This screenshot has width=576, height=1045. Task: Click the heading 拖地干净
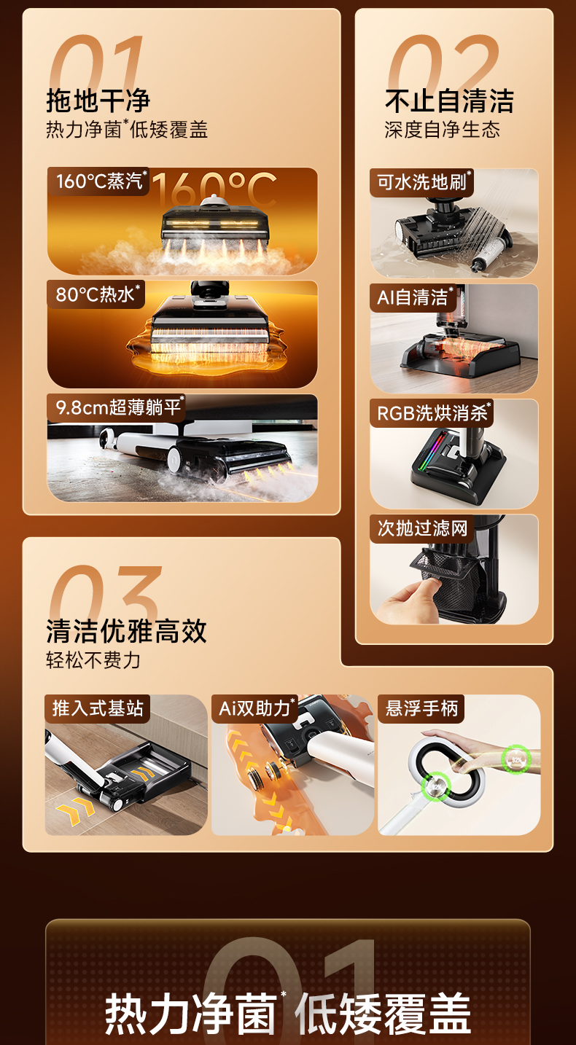[x=98, y=101]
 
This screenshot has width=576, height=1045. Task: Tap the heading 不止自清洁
[x=449, y=101]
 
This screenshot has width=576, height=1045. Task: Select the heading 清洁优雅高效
[x=126, y=631]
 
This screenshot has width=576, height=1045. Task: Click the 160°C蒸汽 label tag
[x=98, y=181]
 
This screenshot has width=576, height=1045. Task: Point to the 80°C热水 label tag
[x=96, y=294]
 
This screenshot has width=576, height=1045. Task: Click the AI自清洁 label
[x=413, y=297]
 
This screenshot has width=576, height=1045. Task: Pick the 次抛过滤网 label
[x=422, y=528]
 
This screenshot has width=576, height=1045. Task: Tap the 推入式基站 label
[x=98, y=708]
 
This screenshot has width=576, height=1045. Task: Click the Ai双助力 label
[x=255, y=708]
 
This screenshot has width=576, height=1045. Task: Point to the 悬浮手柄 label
[x=421, y=708]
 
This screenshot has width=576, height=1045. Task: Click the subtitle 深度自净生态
[x=442, y=129]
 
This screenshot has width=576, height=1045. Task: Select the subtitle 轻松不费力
[x=93, y=660]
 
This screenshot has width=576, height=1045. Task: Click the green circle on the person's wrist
[x=516, y=760]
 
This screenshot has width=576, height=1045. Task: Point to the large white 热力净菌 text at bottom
[x=191, y=1012]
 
